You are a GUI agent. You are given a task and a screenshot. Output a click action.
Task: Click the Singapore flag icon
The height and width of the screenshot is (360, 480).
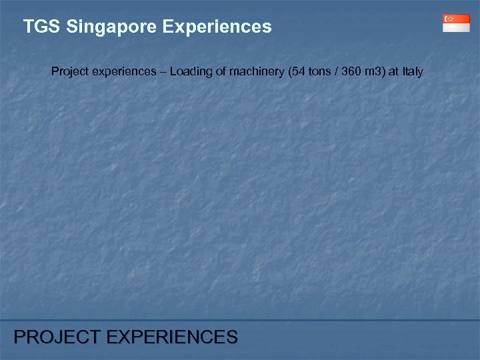[x=456, y=23]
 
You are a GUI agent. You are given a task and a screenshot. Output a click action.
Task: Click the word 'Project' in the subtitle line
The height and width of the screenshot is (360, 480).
[x=69, y=70]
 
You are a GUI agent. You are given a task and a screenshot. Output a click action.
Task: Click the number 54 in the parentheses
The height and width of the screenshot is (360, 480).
[x=298, y=70]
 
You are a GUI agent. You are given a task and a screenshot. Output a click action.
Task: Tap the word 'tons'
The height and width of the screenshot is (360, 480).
[x=317, y=70]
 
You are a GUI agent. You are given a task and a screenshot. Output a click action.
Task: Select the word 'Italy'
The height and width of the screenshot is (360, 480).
[x=413, y=70]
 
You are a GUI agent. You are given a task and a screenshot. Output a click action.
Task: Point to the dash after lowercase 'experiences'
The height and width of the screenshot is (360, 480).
[x=161, y=70]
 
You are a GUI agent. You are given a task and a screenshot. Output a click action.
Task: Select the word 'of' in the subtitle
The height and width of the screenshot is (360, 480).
[x=217, y=70]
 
